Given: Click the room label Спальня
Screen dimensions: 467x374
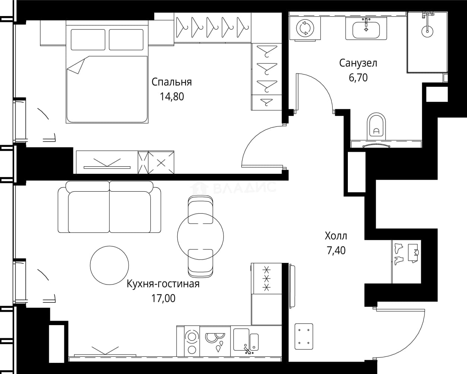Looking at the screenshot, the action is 171,82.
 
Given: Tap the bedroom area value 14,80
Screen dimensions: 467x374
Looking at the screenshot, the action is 172,97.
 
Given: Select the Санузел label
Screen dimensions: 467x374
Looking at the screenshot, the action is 358,63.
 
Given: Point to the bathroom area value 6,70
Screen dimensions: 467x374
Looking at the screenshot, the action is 358,78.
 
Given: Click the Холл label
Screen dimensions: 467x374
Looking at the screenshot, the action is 336,236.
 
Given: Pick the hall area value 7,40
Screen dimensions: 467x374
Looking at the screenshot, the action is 336,251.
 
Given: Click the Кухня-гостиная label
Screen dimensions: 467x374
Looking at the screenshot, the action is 163,284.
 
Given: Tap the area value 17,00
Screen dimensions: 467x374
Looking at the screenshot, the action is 163,298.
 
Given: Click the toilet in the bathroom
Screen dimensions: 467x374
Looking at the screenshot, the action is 376,126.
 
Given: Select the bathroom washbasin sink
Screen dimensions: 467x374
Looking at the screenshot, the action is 366,30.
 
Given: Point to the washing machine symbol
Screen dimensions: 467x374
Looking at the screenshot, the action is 305,28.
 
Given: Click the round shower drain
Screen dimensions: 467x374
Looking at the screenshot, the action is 428,31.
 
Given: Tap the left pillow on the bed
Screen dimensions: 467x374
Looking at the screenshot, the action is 88,40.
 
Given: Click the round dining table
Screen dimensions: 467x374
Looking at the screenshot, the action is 200,236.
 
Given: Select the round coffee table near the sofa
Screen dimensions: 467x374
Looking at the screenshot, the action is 109,265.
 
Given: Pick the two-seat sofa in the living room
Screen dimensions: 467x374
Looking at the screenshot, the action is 109,207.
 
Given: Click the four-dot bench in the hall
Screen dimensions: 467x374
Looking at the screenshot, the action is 304,336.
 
